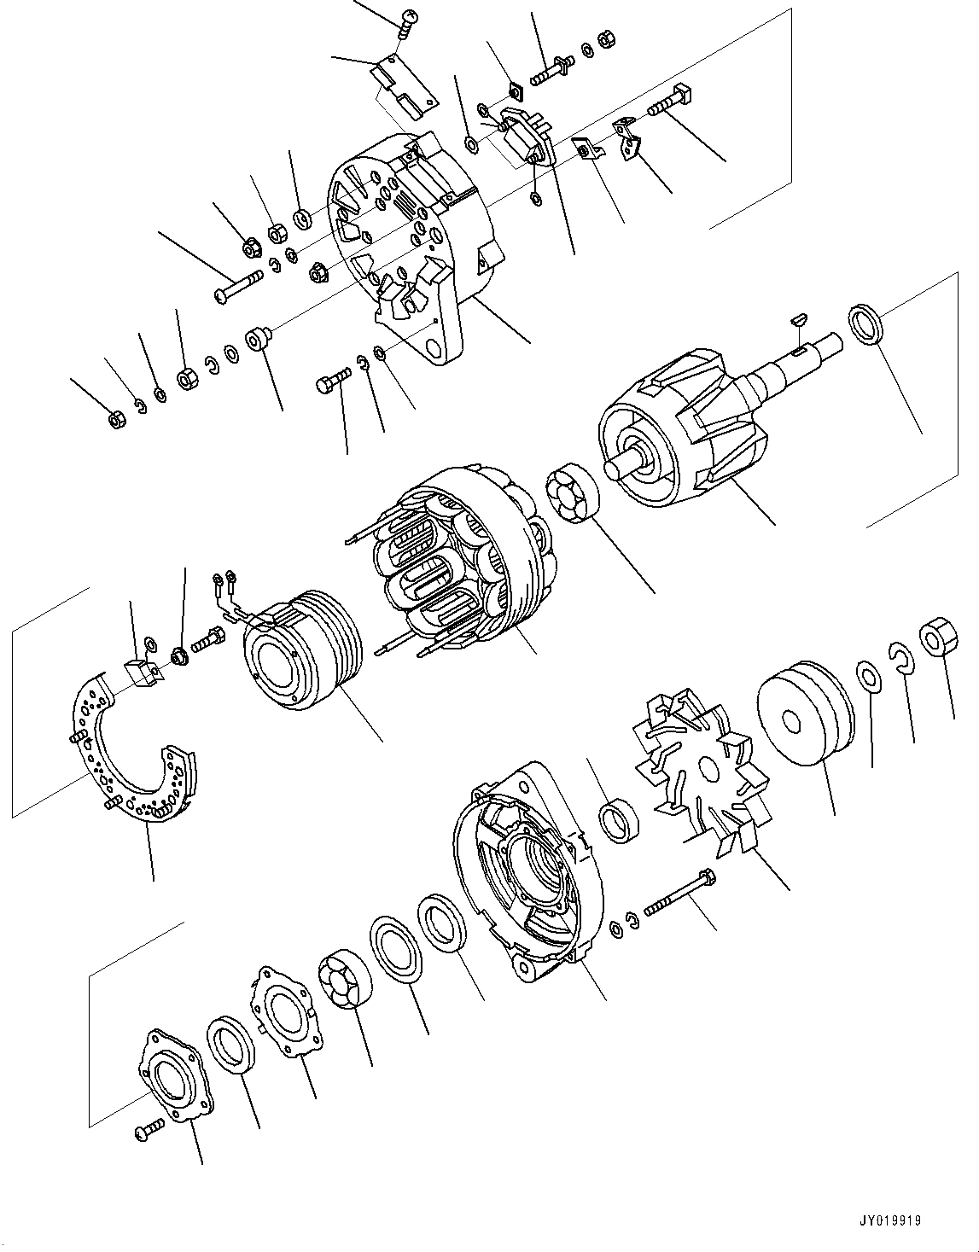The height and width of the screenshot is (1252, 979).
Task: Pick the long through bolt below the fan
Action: coord(679,893)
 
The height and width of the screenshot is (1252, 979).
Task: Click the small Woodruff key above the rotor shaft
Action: coord(798,321)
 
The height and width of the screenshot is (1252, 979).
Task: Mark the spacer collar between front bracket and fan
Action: coord(616,820)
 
